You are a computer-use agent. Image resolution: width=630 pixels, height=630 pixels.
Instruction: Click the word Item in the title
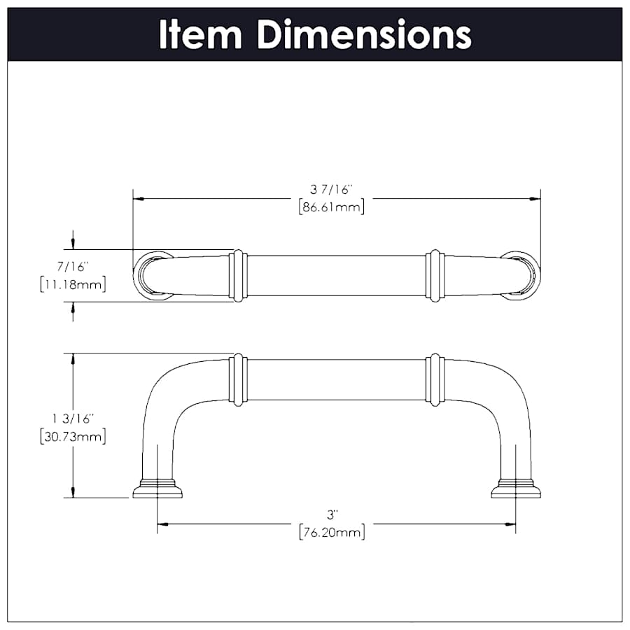tap(202, 34)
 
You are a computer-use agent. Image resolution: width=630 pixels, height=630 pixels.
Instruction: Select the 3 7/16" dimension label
tap(331, 189)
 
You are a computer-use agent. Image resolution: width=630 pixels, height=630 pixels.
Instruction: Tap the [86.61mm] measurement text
tap(331, 206)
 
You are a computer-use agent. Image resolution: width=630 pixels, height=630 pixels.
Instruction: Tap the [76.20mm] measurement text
tap(331, 532)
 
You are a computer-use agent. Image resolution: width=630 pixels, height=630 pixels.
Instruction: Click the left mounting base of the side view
tap(157, 489)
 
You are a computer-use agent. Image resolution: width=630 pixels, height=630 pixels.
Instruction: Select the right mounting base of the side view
tap(516, 489)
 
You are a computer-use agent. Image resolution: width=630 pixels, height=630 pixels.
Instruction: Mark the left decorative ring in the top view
tap(238, 276)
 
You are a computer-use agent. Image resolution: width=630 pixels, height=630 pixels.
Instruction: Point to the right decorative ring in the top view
tap(435, 276)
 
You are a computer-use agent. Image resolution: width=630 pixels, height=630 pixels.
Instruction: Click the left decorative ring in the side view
tap(238, 380)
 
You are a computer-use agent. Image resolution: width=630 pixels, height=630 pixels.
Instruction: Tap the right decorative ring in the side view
tap(435, 380)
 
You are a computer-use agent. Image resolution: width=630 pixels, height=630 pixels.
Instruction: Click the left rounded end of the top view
tap(148, 274)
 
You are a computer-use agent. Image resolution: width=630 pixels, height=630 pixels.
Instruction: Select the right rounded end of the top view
tap(525, 274)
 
